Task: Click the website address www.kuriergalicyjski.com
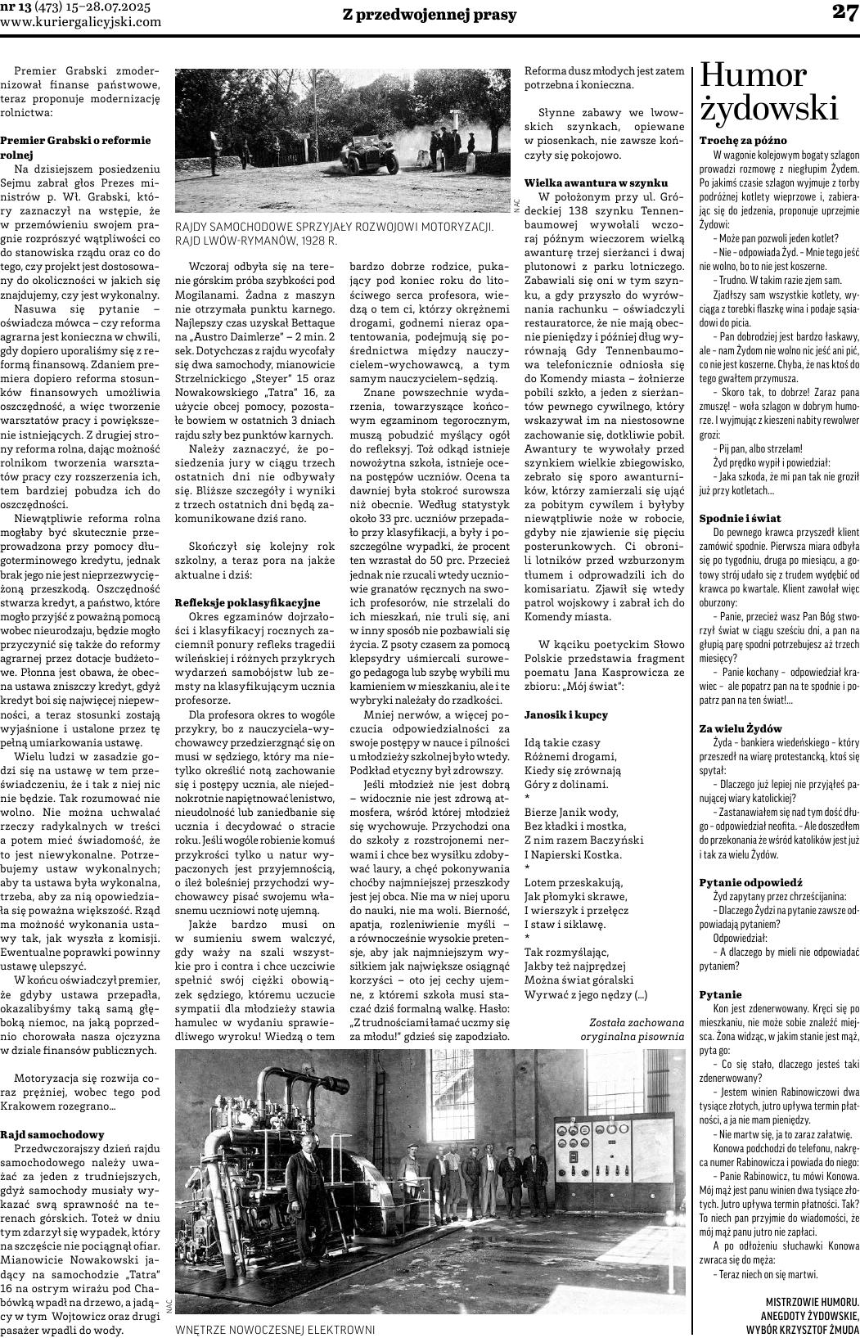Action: [92, 22]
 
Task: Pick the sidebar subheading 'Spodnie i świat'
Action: [740, 518]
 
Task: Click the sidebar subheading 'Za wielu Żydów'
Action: [741, 728]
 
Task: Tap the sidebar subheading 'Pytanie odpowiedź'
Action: [750, 882]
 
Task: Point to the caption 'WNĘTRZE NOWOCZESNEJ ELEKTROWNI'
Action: [275, 1330]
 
